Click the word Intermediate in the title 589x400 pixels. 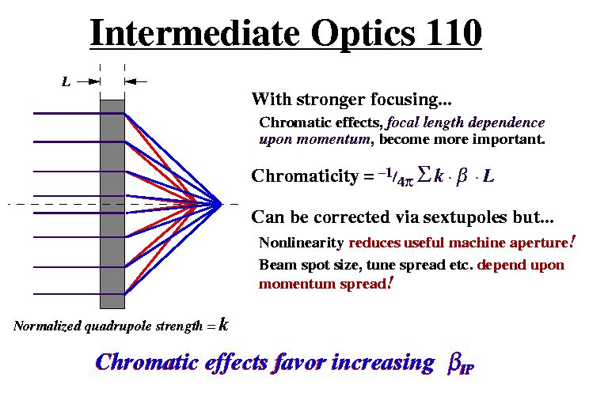coord(196,32)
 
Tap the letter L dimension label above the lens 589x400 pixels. coord(66,81)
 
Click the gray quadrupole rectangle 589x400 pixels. coord(112,204)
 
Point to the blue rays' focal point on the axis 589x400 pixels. coord(221,204)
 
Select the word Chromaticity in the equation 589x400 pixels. coord(305,176)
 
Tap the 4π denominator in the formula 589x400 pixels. coord(405,182)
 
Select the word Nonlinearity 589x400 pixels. coord(302,243)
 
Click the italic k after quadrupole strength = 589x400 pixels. coord(223,324)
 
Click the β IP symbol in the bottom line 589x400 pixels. coord(461,364)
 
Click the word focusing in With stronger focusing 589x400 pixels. coord(412,100)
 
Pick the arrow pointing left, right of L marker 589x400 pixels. coord(136,81)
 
